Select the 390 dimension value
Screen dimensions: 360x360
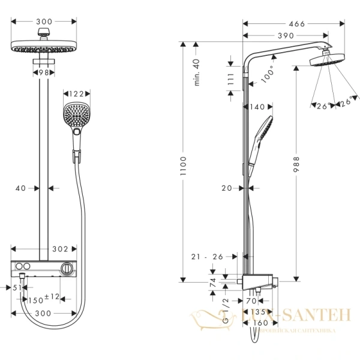click(x=284, y=36)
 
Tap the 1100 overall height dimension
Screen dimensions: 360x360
click(x=184, y=161)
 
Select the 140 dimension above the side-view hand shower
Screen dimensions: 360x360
click(x=256, y=107)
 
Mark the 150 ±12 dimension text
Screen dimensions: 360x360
click(x=44, y=298)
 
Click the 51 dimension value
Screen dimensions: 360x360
click(x=17, y=287)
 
